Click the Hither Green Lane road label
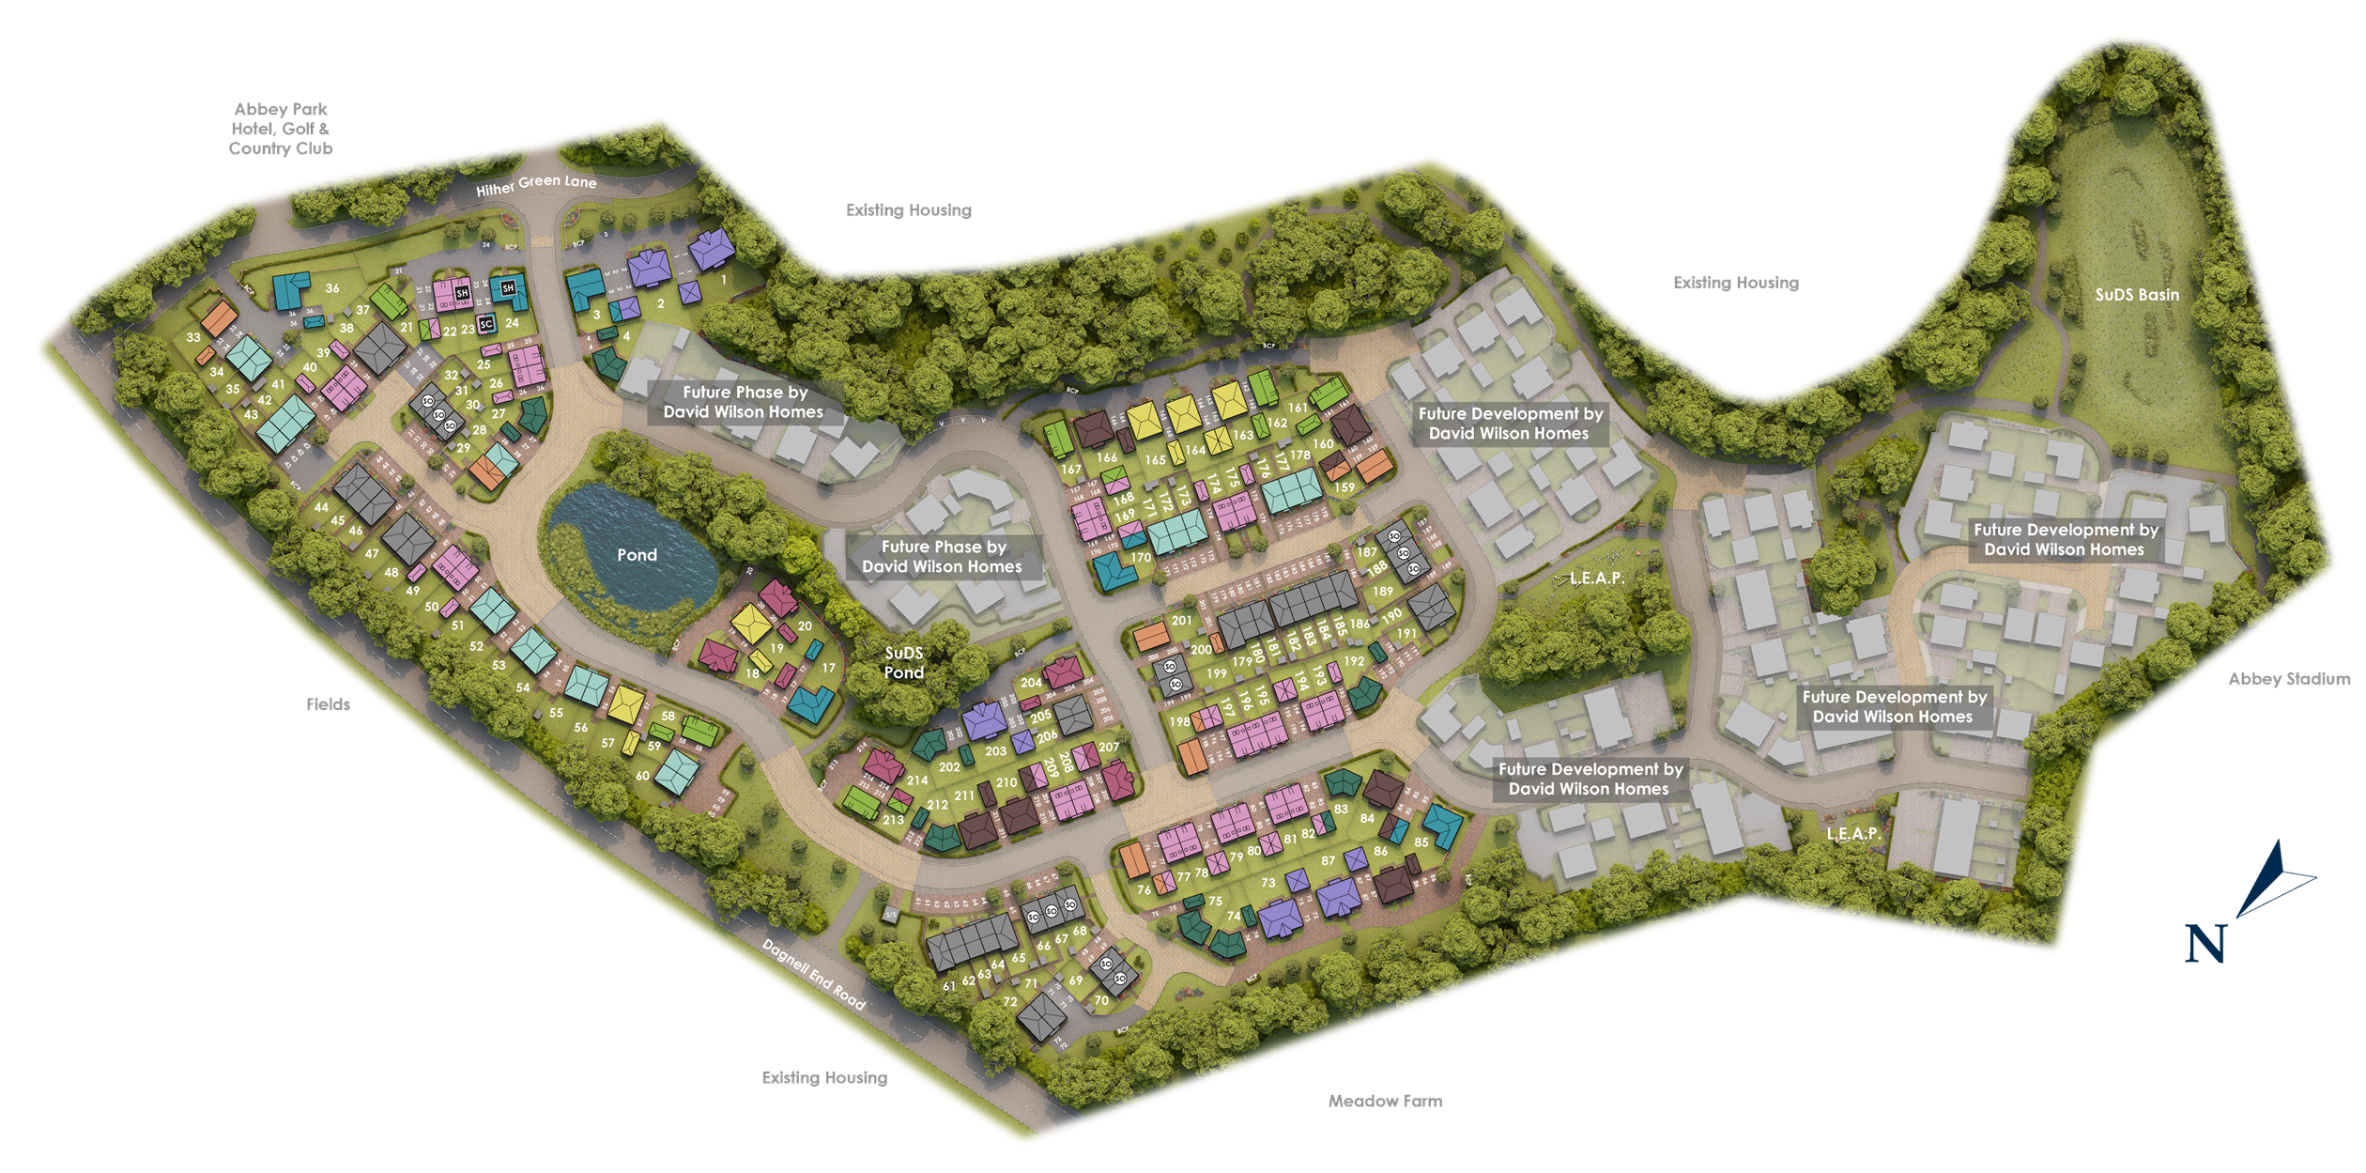[536, 184]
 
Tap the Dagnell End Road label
[813, 974]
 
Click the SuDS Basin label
[2137, 295]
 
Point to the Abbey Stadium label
[2289, 679]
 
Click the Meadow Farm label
[1385, 1101]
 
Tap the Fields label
[328, 704]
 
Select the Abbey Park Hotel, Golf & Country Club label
[281, 129]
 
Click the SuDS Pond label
[903, 662]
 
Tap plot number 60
[642, 776]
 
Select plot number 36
[332, 288]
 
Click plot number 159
[1345, 487]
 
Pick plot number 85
[1421, 842]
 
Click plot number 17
[828, 668]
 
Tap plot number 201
[1181, 620]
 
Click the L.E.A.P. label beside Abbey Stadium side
[1853, 833]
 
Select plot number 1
[724, 279]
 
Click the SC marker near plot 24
[485, 324]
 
